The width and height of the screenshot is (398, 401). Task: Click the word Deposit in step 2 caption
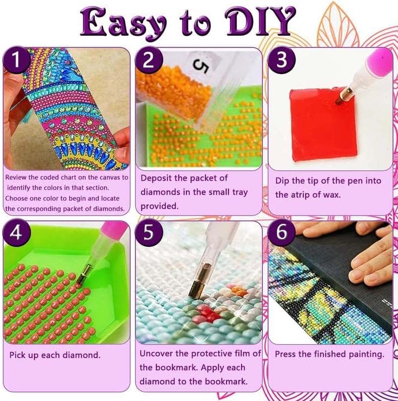pos(157,178)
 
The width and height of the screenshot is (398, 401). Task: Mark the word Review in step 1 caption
pos(17,177)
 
